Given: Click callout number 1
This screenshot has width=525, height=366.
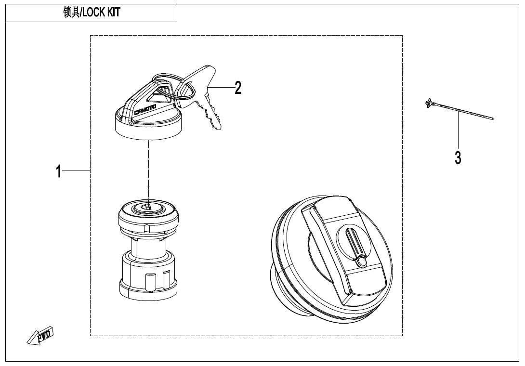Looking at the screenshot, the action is pyautogui.click(x=59, y=171).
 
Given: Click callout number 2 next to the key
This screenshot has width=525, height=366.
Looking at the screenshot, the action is pyautogui.click(x=238, y=88).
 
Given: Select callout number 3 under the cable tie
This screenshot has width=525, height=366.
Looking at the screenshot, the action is pyautogui.click(x=458, y=158).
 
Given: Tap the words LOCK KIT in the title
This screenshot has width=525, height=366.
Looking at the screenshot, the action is pyautogui.click(x=101, y=13).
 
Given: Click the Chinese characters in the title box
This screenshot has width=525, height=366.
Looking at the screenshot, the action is pyautogui.click(x=72, y=13).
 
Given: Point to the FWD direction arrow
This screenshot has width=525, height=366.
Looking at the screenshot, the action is pyautogui.click(x=40, y=335).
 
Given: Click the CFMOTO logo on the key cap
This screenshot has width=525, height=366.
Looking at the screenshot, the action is pyautogui.click(x=145, y=109).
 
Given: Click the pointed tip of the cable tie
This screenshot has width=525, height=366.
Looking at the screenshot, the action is pyautogui.click(x=493, y=118).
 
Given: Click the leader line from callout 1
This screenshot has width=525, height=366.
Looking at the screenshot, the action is pyautogui.click(x=76, y=170).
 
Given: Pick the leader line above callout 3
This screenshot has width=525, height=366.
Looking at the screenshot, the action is pyautogui.click(x=458, y=131).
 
